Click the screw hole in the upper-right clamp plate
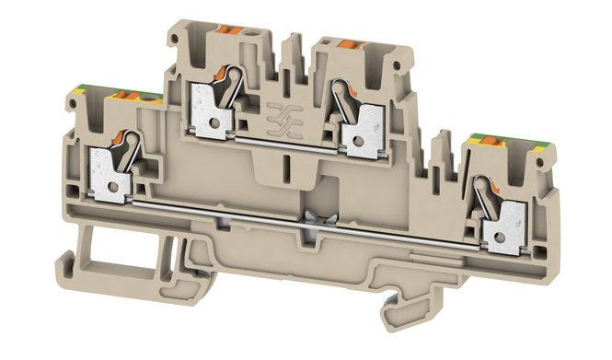tap(352, 135)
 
